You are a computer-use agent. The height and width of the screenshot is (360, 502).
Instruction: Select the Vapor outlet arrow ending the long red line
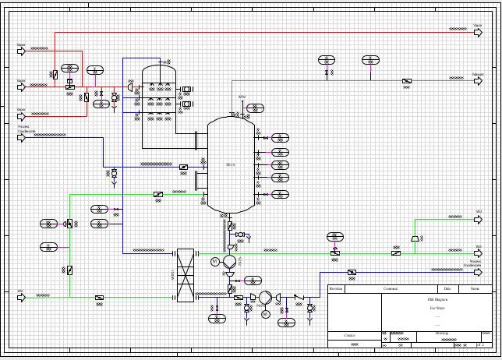click(x=477, y=33)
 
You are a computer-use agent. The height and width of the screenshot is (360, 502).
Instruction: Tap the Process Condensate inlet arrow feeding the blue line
click(x=22, y=138)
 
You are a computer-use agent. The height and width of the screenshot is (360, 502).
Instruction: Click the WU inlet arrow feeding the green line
click(x=22, y=297)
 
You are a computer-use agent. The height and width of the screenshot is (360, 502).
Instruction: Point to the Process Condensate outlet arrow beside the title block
click(x=477, y=272)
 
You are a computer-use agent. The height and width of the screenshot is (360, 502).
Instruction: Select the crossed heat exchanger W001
click(x=185, y=275)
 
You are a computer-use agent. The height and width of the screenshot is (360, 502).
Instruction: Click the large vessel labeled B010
click(x=230, y=164)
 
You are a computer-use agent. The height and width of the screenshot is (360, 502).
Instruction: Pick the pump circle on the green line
click(x=229, y=261)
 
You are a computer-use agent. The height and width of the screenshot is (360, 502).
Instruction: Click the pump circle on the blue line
click(x=265, y=297)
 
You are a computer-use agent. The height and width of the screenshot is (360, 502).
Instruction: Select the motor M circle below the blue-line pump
click(x=265, y=314)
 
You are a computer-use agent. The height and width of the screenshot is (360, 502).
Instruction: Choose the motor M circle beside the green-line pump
click(x=214, y=262)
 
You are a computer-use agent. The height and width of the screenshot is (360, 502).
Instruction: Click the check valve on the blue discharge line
click(x=296, y=297)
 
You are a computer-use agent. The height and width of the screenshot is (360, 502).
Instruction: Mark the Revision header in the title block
click(x=336, y=288)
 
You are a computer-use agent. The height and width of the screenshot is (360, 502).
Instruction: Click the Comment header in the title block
click(x=390, y=288)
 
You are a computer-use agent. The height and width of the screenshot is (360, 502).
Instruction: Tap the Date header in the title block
click(x=447, y=288)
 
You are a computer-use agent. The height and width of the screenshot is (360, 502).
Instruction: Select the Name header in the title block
click(x=475, y=288)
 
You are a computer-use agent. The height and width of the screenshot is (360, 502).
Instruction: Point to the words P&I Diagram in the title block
click(x=437, y=300)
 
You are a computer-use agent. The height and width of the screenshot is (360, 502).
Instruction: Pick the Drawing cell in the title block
click(x=441, y=334)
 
